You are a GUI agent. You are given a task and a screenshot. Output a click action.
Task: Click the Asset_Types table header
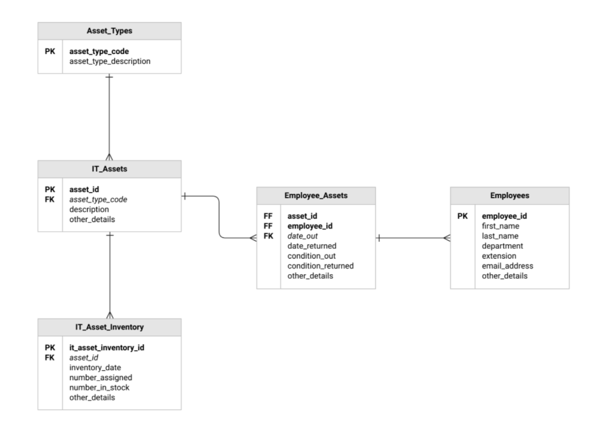[109, 31]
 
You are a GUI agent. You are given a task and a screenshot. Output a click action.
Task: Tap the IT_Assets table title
[109, 170]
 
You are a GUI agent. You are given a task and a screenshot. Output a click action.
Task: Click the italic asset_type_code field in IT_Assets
[98, 199]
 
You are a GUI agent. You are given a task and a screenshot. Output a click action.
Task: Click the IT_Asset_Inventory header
[109, 327]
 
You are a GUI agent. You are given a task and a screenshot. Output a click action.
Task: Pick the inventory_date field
[94, 368]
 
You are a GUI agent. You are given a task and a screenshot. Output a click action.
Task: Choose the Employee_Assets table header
[316, 196]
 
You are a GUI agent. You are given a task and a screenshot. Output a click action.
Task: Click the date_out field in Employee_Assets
[303, 236]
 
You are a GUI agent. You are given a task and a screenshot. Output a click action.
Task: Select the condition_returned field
[320, 266]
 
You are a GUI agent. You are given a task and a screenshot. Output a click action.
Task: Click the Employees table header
[509, 196]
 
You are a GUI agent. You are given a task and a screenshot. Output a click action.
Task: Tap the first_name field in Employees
[501, 226]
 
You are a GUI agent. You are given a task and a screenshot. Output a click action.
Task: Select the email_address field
[507, 266]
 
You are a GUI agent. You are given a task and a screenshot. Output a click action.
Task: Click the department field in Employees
[502, 246]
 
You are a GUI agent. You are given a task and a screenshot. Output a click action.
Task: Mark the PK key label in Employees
[462, 216]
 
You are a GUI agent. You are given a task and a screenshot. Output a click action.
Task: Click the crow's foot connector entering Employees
[446, 238]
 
